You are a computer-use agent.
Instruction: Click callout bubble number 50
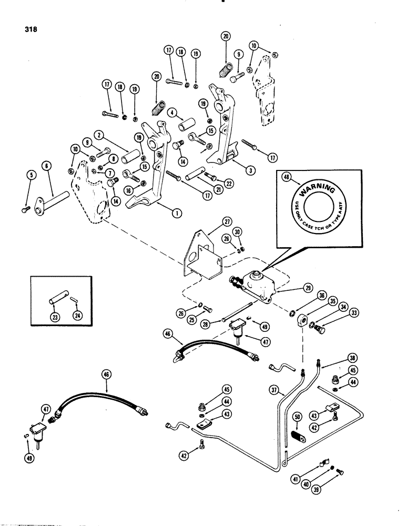pyautogui.click(x=297, y=417)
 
